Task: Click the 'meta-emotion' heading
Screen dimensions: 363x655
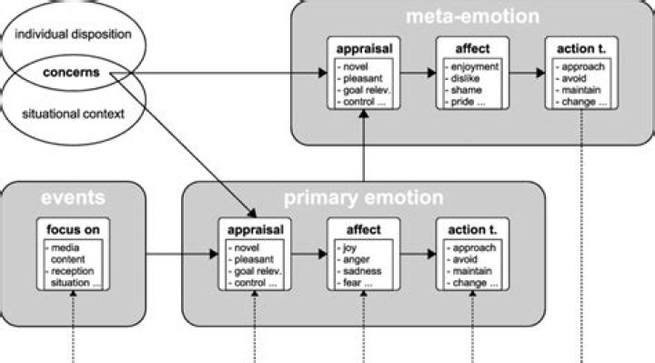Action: tap(472, 15)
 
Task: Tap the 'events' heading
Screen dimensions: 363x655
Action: tap(72, 198)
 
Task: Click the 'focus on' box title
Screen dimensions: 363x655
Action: tap(72, 229)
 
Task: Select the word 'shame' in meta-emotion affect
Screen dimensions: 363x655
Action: tap(461, 90)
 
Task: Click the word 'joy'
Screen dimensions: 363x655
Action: tap(348, 247)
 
